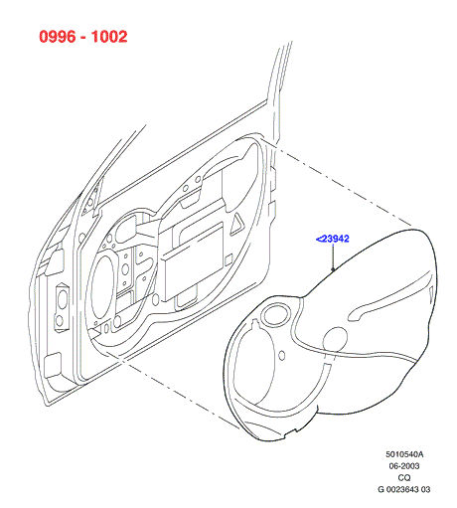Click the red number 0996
click(x=58, y=36)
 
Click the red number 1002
click(x=109, y=36)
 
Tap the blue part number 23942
click(x=335, y=239)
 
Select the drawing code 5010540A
click(x=404, y=454)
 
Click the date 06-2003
click(x=404, y=466)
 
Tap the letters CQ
click(x=404, y=477)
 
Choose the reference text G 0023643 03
click(x=404, y=489)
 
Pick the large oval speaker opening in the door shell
click(x=102, y=287)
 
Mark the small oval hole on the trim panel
click(x=282, y=356)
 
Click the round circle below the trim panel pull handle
click(x=335, y=339)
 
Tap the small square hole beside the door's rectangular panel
click(x=228, y=260)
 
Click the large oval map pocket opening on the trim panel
click(x=254, y=368)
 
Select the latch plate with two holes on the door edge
click(x=62, y=306)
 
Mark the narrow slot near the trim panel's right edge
click(x=431, y=293)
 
